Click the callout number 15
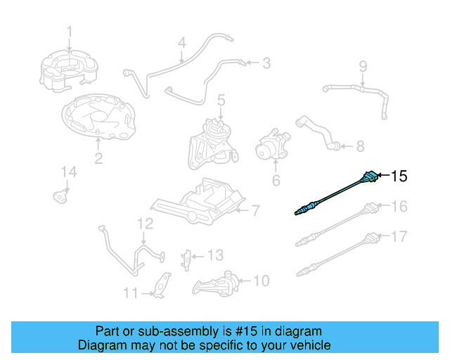pyautogui.click(x=399, y=176)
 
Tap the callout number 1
pyautogui.click(x=69, y=31)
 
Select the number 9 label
pyautogui.click(x=363, y=67)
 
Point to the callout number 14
pyautogui.click(x=67, y=172)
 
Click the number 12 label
pyautogui.click(x=145, y=224)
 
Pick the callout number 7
pyautogui.click(x=255, y=210)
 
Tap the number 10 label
pyautogui.click(x=260, y=281)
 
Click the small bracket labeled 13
pyautogui.click(x=187, y=258)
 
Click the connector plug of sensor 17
pyautogui.click(x=371, y=238)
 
